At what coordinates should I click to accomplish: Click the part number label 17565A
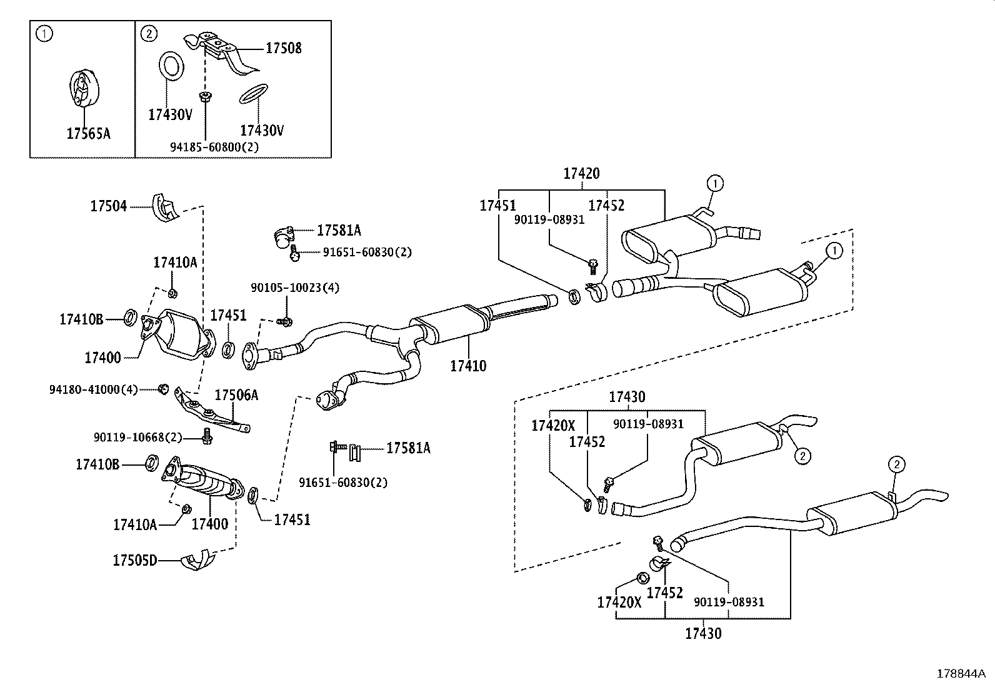click(x=88, y=133)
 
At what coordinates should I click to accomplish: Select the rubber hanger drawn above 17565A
click(x=84, y=88)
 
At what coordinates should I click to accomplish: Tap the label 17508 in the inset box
click(x=283, y=48)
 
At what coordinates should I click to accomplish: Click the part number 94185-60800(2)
click(x=214, y=147)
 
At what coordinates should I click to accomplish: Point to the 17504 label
click(x=108, y=206)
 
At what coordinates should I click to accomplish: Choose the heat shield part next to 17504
click(x=165, y=208)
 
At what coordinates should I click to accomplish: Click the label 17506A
click(x=236, y=395)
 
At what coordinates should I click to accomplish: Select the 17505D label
click(x=135, y=560)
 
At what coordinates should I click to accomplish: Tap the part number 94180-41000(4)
click(x=93, y=389)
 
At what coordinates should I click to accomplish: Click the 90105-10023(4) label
click(x=295, y=288)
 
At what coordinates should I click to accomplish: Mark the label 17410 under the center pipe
click(x=468, y=366)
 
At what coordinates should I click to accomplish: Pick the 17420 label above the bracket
click(x=581, y=173)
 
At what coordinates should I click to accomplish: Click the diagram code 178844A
click(x=961, y=674)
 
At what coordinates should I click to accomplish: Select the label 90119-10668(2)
click(x=137, y=438)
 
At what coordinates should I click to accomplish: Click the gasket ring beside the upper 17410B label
click(x=130, y=318)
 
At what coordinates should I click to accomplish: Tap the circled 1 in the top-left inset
click(x=44, y=34)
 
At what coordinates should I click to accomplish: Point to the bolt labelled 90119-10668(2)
click(x=206, y=436)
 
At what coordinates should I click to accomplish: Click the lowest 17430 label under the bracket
click(x=703, y=633)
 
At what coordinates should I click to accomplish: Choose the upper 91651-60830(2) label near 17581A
click(x=367, y=253)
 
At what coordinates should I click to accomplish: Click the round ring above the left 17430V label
click(x=171, y=66)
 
